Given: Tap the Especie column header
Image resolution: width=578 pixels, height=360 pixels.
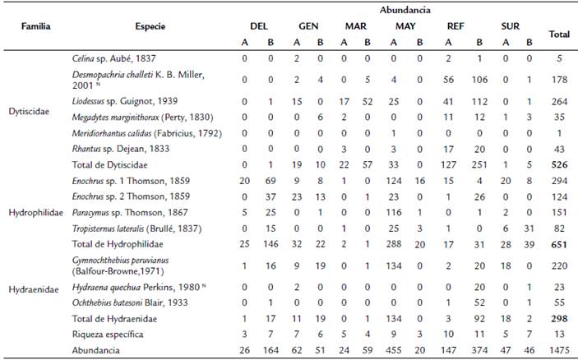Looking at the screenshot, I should pyautogui.click(x=147, y=27).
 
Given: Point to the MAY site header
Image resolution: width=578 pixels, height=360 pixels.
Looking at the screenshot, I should pyautogui.click(x=405, y=27).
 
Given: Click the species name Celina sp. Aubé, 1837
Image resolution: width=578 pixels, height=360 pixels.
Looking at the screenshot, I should pyautogui.click(x=111, y=58).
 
